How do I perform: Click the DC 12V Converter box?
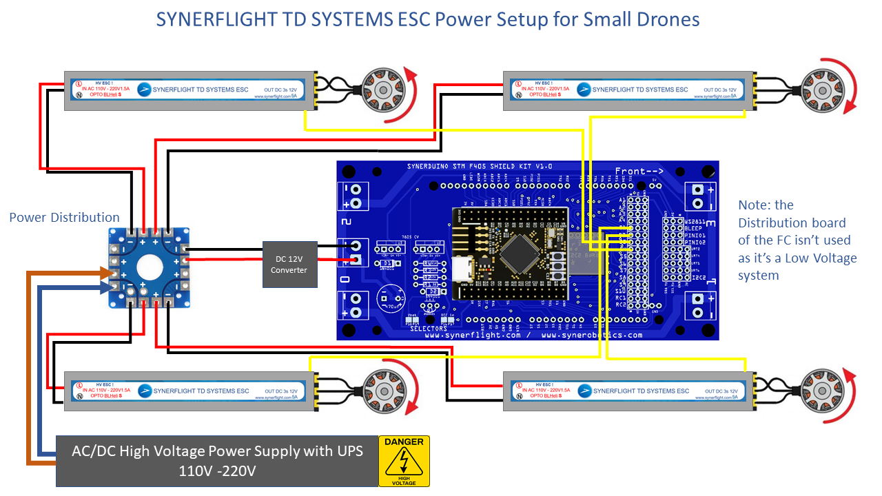289,264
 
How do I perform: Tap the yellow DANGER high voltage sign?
404,461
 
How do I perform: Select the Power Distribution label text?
64,218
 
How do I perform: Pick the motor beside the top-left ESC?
378,90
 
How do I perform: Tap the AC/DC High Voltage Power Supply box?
217,461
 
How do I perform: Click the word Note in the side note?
755,205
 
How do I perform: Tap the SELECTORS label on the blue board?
429,329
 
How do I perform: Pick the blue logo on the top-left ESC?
144,90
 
